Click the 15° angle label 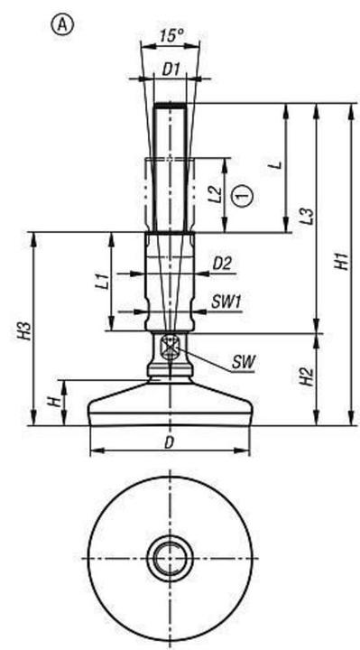(171, 37)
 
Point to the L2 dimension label (215, 194)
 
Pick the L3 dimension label (307, 217)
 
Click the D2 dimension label (222, 264)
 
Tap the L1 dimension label (102, 281)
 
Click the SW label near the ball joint (243, 361)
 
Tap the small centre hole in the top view (169, 560)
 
